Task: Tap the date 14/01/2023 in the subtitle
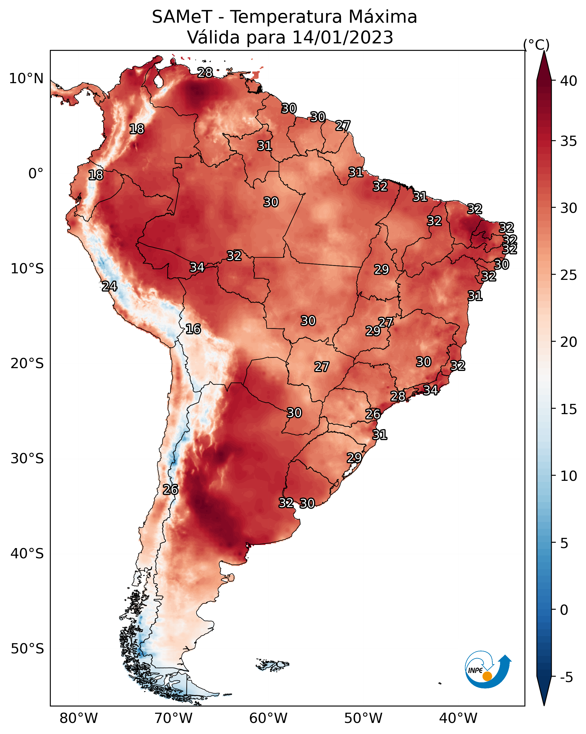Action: (342, 37)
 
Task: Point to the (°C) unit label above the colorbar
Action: (536, 45)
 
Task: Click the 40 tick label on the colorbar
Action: (569, 81)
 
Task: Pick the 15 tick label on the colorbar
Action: (569, 409)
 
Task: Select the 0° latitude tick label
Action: (36, 174)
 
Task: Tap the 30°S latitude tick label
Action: (27, 459)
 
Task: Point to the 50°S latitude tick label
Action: (27, 649)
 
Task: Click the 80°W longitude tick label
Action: (79, 718)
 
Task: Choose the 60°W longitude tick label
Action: (268, 718)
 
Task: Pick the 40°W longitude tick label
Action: (458, 718)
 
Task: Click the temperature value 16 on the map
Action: (193, 329)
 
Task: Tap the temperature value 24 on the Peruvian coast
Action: (109, 286)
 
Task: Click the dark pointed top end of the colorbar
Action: (544, 52)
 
